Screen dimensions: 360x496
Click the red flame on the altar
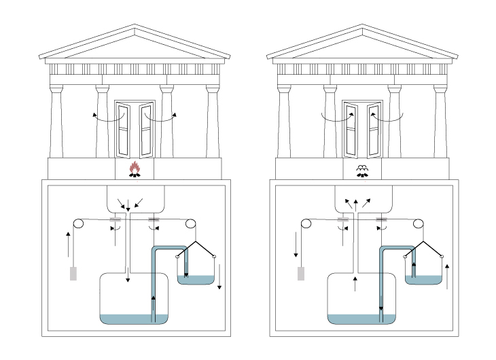[x=135, y=167]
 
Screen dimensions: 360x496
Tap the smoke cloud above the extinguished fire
[x=362, y=167]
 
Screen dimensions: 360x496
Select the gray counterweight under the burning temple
[x=73, y=274]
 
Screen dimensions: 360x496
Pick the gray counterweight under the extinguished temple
[x=300, y=274]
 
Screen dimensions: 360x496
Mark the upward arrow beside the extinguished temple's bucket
[x=447, y=277]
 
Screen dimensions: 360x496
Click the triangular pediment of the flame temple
[x=135, y=45]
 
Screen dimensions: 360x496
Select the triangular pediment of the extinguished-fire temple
[x=362, y=45]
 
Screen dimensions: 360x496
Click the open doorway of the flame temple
[x=135, y=129]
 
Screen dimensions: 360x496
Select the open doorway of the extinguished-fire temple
[x=362, y=129]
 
